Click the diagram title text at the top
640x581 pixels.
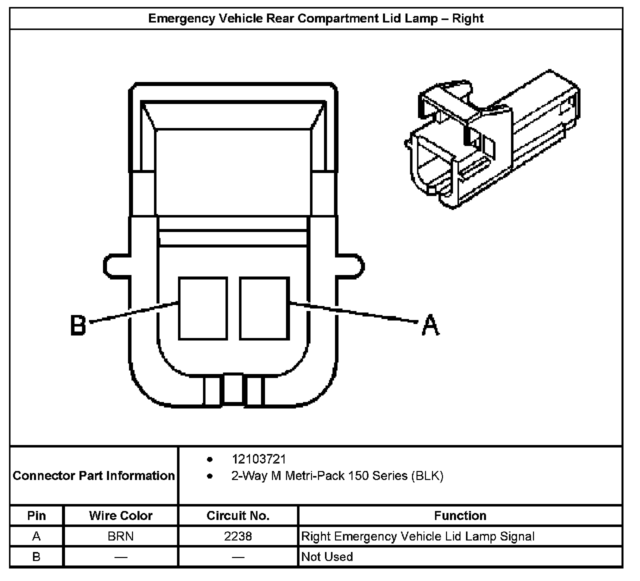tap(316, 18)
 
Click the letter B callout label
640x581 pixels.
tap(78, 324)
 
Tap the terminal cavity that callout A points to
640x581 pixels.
tap(264, 308)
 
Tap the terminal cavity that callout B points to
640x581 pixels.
tap(202, 308)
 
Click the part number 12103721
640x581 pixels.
tap(259, 459)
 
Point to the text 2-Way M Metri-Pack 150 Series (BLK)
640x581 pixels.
tap(337, 475)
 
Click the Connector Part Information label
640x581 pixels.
tap(93, 475)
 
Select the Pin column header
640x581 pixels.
tap(36, 515)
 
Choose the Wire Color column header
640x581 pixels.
tap(121, 515)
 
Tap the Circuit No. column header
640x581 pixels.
tap(238, 515)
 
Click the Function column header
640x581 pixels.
tap(460, 515)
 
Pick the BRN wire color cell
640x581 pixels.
tap(121, 536)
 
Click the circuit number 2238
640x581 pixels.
tap(238, 536)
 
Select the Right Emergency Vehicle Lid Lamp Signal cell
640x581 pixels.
tap(418, 536)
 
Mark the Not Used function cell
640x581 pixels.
tap(327, 556)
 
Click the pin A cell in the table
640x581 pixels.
tap(36, 536)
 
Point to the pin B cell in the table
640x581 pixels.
tap(36, 556)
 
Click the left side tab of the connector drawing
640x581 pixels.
tap(116, 265)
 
